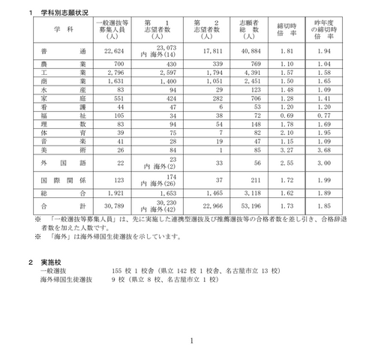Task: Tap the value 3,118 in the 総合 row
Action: tap(250, 193)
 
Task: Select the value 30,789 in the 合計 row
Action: tap(115, 205)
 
